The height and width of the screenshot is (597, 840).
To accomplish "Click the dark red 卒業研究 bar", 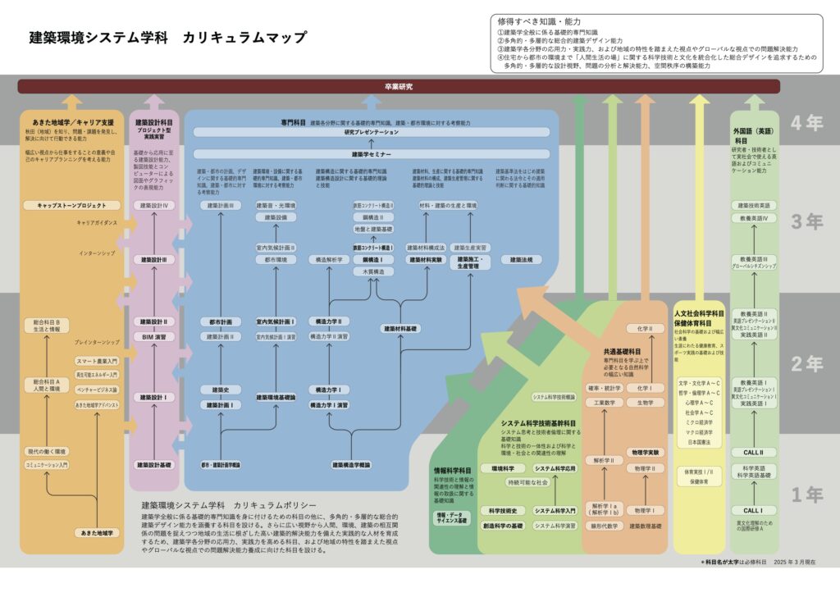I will [x=399, y=86].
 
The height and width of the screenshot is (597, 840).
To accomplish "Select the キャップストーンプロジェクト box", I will [x=72, y=205].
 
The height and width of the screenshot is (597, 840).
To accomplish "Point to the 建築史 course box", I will [x=220, y=390].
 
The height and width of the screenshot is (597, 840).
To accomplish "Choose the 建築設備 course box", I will [x=276, y=217].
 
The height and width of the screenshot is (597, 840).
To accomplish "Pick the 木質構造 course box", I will [x=373, y=271].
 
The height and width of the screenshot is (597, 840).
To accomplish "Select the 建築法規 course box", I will [x=522, y=259].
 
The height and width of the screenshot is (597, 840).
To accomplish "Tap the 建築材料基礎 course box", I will [x=400, y=328].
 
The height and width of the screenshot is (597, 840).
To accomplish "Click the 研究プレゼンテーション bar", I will [x=372, y=132].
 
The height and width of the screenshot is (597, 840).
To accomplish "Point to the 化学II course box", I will [x=645, y=328].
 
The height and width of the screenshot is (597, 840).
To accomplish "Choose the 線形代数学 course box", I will [x=603, y=526].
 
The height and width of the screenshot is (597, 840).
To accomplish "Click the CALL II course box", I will [x=753, y=452].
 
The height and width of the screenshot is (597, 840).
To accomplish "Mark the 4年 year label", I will [x=806, y=123].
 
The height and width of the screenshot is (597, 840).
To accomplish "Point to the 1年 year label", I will [x=806, y=494].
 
